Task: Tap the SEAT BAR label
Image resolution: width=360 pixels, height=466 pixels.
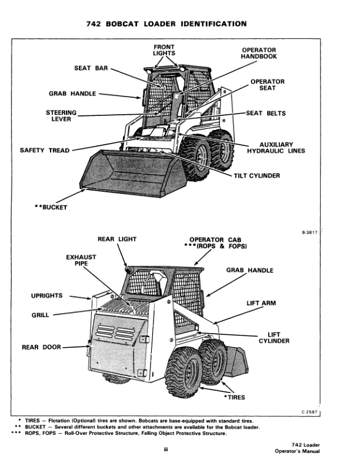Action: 90,68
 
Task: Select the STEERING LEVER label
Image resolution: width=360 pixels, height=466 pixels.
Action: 61,115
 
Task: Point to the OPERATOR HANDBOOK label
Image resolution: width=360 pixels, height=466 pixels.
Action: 259,53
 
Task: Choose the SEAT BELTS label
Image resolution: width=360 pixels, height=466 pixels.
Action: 266,114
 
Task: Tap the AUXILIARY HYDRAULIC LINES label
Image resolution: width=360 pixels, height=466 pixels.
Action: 276,148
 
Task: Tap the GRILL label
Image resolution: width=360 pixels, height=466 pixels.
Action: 40,315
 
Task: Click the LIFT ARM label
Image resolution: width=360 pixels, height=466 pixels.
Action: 261,303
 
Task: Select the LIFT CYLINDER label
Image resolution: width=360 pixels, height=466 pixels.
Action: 274,338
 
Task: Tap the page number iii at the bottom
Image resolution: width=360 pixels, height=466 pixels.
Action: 167,451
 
